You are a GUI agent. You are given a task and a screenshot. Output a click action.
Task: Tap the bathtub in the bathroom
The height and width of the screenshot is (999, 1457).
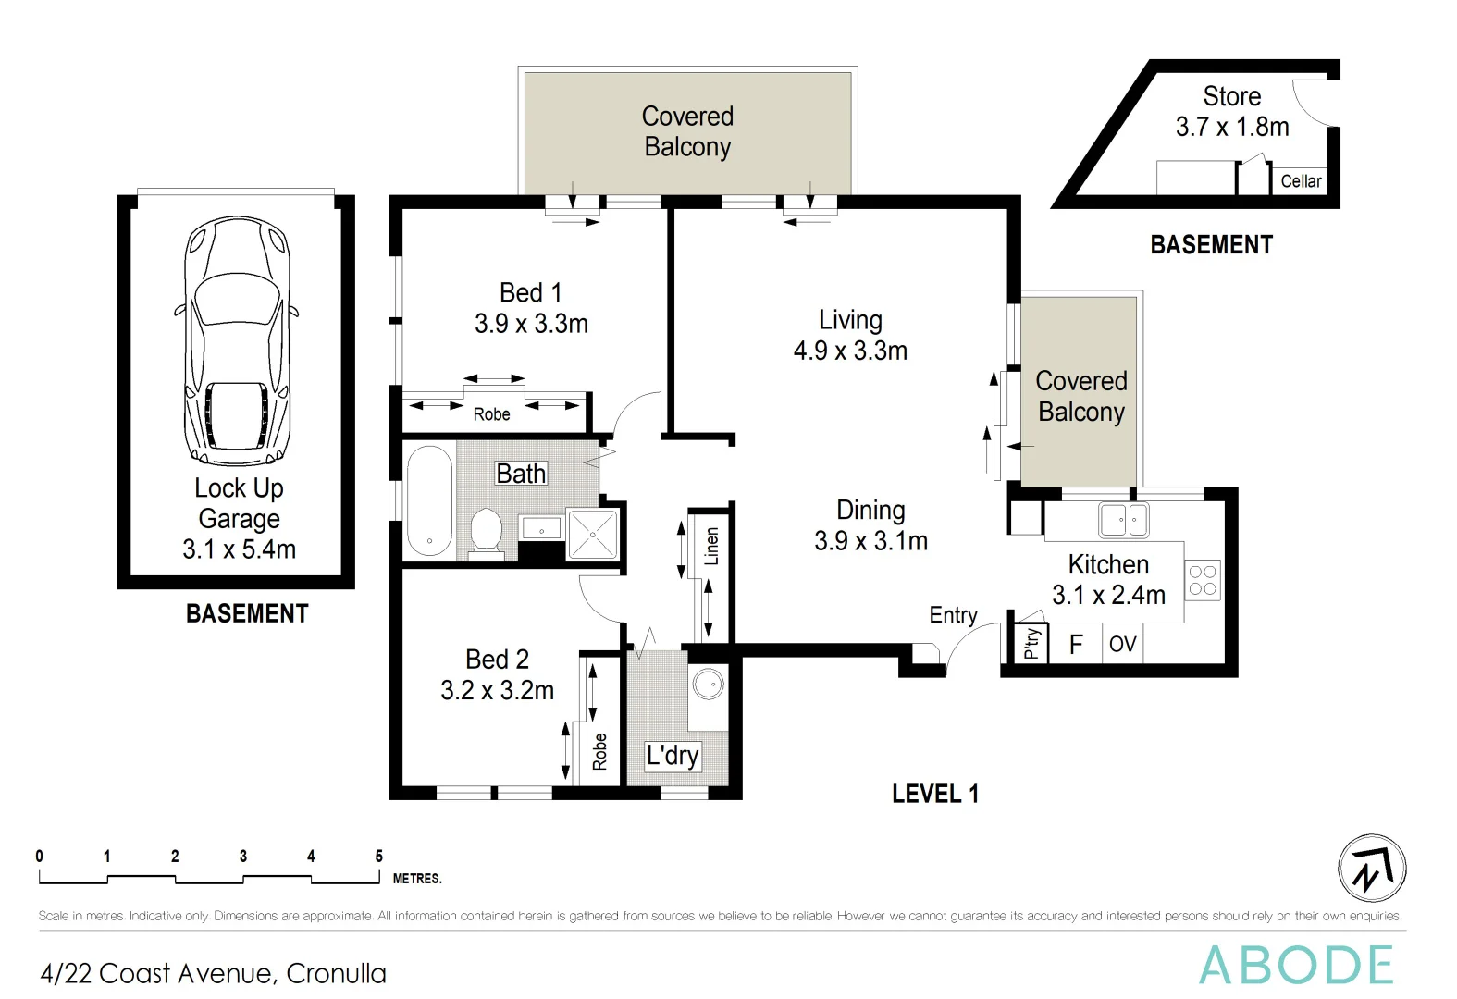click(x=429, y=500)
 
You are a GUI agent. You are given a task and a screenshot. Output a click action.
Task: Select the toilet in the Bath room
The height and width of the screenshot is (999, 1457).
click(x=485, y=533)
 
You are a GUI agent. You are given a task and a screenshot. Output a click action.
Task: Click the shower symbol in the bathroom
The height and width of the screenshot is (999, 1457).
click(x=592, y=534)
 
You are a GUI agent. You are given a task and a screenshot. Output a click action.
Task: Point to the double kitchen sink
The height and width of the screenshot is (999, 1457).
click(x=1123, y=520)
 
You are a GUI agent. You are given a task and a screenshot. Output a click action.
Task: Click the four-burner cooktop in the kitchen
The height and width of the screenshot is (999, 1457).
click(x=1202, y=580)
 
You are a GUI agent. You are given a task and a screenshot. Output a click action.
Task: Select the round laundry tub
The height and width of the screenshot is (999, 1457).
click(x=709, y=684)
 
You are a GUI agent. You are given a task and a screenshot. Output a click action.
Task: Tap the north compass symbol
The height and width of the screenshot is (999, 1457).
click(x=1372, y=868)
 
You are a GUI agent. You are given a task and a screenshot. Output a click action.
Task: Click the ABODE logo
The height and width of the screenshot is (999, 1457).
click(x=1295, y=966)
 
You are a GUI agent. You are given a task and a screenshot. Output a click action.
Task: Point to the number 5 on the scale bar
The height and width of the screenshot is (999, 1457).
click(x=378, y=857)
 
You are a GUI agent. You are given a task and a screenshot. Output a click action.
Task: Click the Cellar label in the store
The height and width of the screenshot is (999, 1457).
click(x=1301, y=181)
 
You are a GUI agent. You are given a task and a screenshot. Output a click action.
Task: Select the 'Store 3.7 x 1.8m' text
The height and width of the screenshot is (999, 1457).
click(x=1231, y=111)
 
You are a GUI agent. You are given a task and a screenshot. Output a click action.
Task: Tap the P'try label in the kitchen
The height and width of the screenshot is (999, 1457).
click(x=1031, y=642)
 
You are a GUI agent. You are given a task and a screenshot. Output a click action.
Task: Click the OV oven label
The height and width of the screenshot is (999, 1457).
click(x=1122, y=644)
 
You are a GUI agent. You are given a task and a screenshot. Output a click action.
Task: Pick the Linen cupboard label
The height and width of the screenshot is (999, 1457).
click(x=711, y=546)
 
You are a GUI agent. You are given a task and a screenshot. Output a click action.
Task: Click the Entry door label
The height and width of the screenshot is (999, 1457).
click(x=953, y=615)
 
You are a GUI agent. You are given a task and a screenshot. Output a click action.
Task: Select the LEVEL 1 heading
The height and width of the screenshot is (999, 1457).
click(x=934, y=794)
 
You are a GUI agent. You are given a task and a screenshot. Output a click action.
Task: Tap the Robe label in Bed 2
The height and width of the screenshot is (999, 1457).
click(x=600, y=751)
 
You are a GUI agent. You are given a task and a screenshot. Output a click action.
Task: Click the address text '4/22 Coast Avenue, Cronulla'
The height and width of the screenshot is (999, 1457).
click(x=213, y=973)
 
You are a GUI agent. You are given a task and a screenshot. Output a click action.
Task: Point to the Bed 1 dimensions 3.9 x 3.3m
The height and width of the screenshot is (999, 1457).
click(x=531, y=324)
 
